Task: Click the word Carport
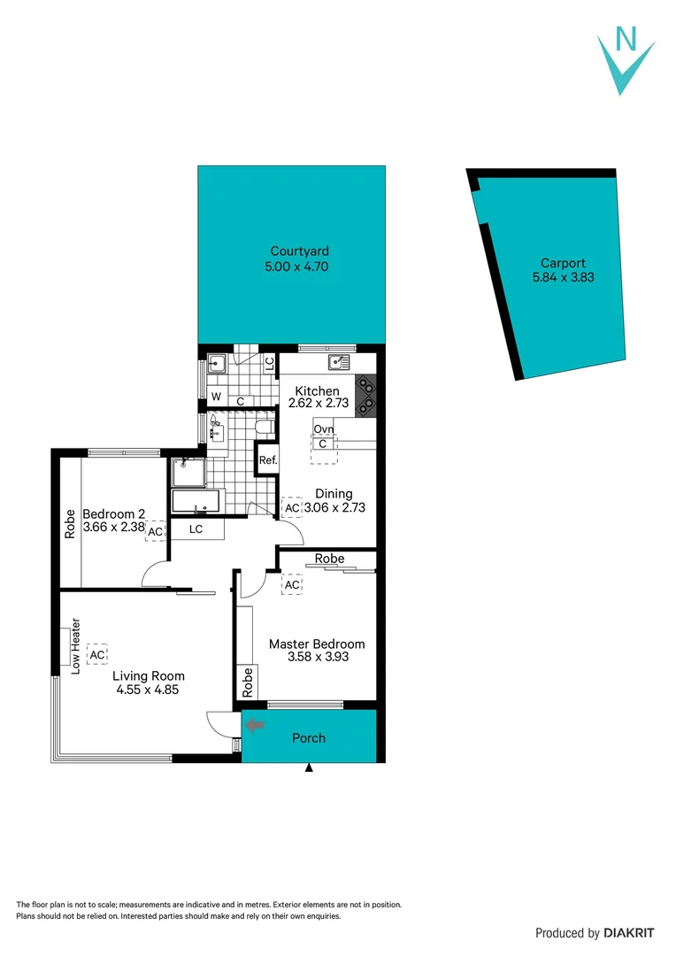[564, 263]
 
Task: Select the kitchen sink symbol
[339, 361]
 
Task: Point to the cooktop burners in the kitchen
[365, 396]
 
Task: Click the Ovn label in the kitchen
[323, 429]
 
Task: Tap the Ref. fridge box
[268, 460]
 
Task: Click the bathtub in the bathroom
[197, 501]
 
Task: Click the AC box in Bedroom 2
[155, 531]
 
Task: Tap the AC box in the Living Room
[97, 654]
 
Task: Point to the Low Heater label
[76, 645]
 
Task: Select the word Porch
[309, 737]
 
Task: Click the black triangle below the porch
[309, 768]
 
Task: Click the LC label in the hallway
[196, 529]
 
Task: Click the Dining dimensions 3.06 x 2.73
[335, 508]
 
